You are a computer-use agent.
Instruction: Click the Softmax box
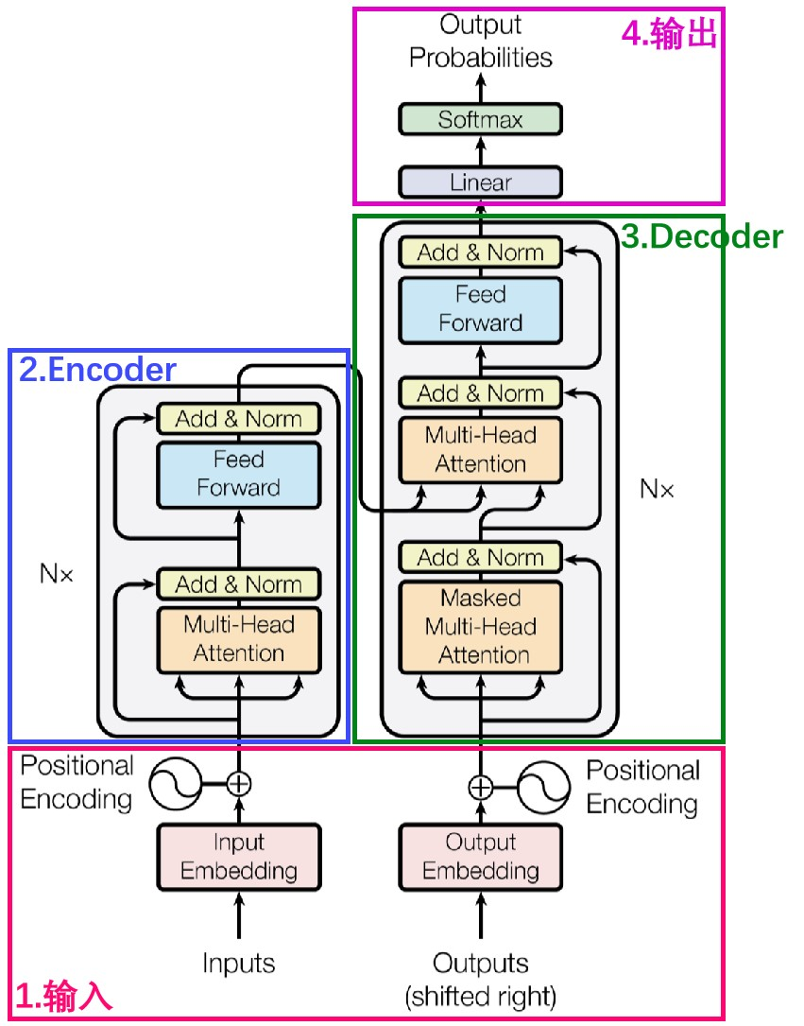click(x=480, y=120)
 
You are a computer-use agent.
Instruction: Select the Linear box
click(x=480, y=182)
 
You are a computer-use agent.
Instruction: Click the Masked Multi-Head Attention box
click(x=480, y=626)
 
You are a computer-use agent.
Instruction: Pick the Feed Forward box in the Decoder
click(x=480, y=308)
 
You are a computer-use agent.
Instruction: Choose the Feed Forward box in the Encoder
click(x=238, y=474)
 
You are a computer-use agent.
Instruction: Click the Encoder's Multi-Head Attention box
click(x=238, y=638)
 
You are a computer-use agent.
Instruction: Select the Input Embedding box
click(x=238, y=857)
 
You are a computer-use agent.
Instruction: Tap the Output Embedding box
click(x=480, y=857)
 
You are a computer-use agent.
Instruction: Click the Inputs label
click(x=238, y=964)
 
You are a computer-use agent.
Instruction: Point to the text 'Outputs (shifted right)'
click(x=480, y=979)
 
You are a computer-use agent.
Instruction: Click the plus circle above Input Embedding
click(x=239, y=783)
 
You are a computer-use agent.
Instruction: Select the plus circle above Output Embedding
click(x=481, y=787)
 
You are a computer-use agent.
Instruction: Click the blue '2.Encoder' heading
click(x=97, y=370)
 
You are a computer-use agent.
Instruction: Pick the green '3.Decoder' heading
click(x=702, y=236)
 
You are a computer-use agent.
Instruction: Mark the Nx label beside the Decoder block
click(x=658, y=489)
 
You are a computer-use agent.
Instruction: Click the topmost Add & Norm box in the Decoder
click(x=480, y=252)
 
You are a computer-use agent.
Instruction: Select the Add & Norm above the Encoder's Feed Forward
click(x=238, y=419)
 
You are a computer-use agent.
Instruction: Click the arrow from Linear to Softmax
click(x=480, y=151)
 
